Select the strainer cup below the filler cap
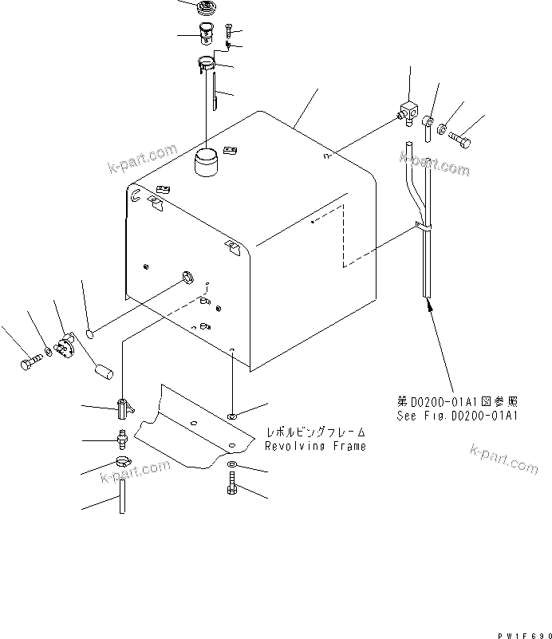207,36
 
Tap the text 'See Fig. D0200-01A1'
458,416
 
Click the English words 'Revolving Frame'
316,446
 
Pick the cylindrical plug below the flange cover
103,371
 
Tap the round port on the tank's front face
188,278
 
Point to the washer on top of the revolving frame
231,416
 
